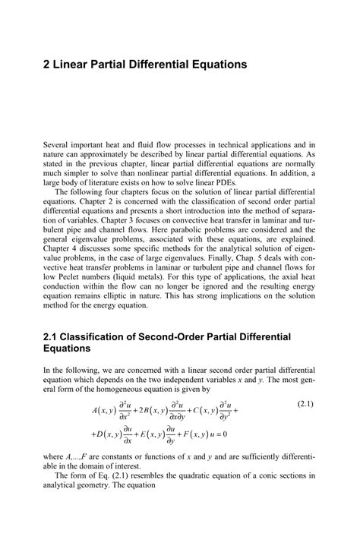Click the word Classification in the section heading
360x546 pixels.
(x=97, y=336)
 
